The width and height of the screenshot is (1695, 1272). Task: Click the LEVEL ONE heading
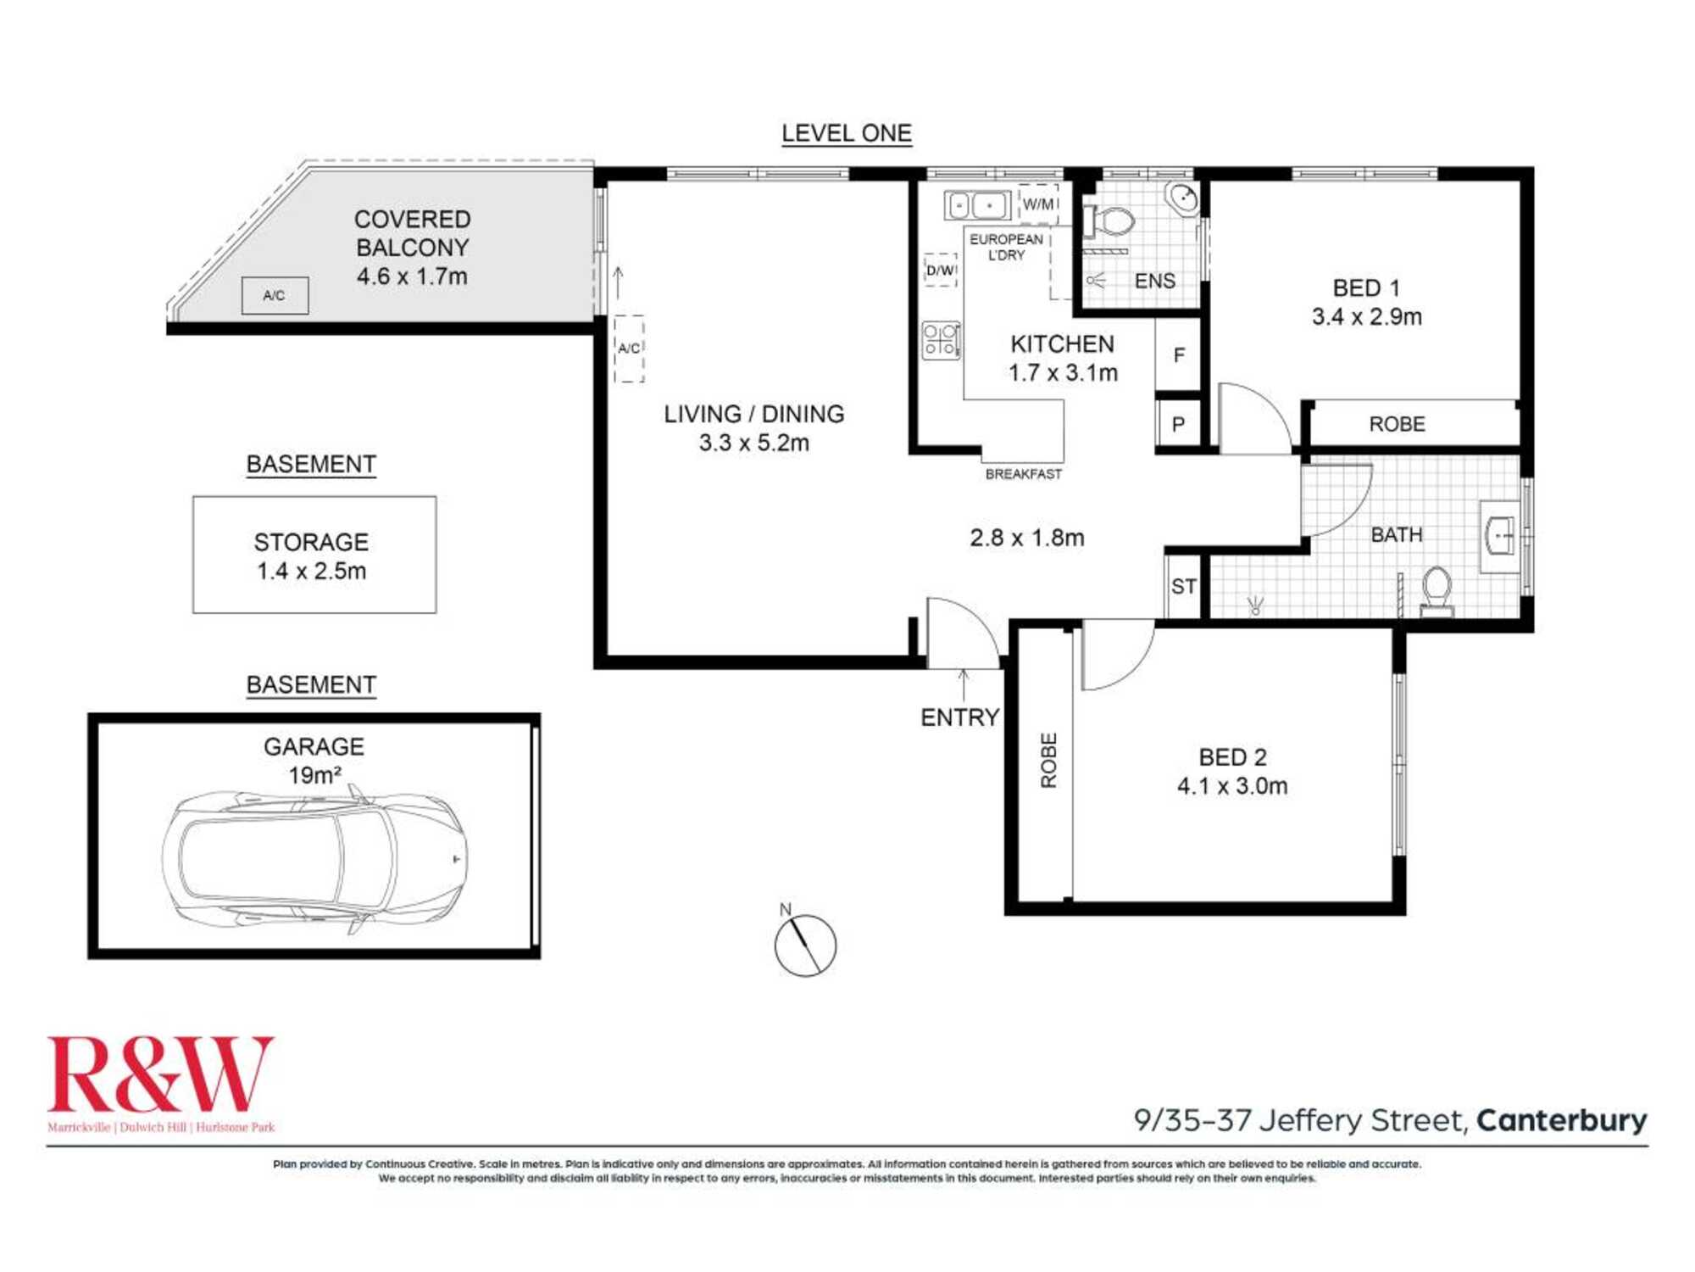(x=847, y=133)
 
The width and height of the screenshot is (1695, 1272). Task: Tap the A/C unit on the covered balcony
(x=275, y=296)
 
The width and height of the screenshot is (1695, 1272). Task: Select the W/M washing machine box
(x=1038, y=204)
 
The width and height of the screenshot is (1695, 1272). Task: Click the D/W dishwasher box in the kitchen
(x=941, y=270)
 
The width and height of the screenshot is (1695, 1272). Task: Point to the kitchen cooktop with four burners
(x=941, y=340)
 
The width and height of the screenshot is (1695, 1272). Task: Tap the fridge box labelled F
(x=1179, y=355)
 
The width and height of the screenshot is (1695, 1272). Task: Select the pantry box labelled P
(x=1179, y=424)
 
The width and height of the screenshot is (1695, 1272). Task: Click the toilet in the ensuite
(x=1109, y=223)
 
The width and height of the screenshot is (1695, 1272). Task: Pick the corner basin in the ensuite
(x=1181, y=199)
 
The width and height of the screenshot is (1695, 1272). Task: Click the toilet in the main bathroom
(x=1436, y=591)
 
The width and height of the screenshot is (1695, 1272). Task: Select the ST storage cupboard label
(x=1184, y=586)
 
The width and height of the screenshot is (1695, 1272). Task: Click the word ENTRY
(x=960, y=717)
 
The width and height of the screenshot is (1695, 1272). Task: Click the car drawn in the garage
(x=314, y=858)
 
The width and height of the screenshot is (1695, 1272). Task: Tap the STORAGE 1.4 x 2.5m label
(x=312, y=556)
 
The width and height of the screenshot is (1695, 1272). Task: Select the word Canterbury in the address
(x=1562, y=1121)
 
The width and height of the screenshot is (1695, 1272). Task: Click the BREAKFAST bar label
(x=1024, y=474)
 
